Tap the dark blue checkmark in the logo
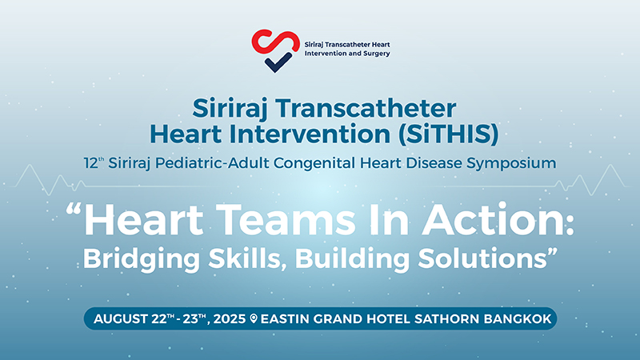[278, 62]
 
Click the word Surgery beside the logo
[376, 54]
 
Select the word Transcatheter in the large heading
[365, 109]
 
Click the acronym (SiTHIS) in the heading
[448, 134]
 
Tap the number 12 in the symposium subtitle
[91, 163]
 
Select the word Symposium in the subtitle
[511, 163]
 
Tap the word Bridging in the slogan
[142, 258]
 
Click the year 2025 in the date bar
[230, 318]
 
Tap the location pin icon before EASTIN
[254, 318]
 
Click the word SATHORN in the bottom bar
[446, 318]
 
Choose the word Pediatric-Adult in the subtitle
[212, 163]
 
